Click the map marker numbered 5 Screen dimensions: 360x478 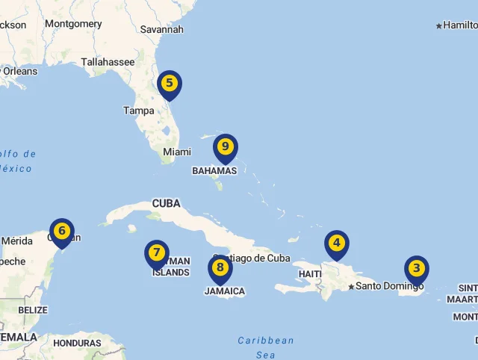coord(170,84)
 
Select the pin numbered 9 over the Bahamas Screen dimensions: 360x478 coord(225,147)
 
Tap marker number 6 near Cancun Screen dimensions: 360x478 coord(62,232)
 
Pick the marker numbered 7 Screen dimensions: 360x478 coord(156,253)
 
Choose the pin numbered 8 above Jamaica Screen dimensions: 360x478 coord(220,268)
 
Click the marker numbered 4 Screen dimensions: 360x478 coord(337,243)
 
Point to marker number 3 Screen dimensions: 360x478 coord(417,269)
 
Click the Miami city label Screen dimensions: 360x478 coord(177,152)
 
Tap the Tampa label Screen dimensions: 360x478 coord(139,111)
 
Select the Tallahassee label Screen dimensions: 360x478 coord(108,62)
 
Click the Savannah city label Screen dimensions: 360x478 coord(161,30)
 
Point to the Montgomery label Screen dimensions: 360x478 coord(73,24)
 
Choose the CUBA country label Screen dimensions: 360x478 coord(166,203)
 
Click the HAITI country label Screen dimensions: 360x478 coord(309,274)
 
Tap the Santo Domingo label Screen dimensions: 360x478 coord(389,286)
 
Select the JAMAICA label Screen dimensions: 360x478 coord(225,291)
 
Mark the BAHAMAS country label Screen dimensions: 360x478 coord(214,170)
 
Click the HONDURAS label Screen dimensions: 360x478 coord(78,344)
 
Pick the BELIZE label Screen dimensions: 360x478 coord(33,310)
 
